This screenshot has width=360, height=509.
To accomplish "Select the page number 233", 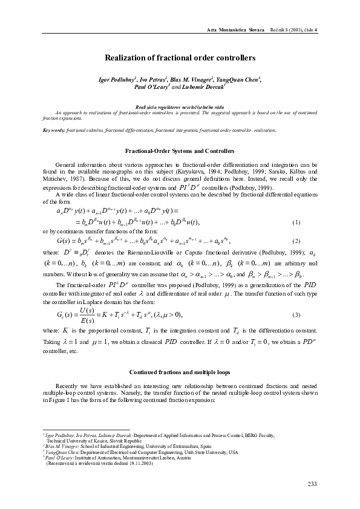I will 312,484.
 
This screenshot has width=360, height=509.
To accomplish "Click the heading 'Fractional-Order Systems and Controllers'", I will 180,150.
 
